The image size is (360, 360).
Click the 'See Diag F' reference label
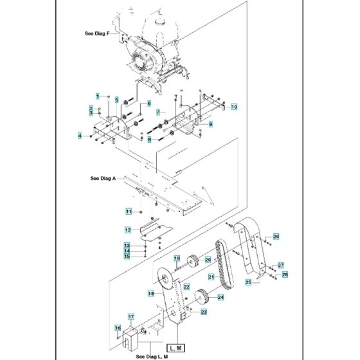tap(98, 33)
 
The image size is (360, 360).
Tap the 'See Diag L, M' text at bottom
tap(151, 355)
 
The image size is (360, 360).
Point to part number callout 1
tap(98, 96)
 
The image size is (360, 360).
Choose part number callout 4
tap(80, 136)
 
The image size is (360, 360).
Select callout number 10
tap(234, 106)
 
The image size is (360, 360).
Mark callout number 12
tap(128, 230)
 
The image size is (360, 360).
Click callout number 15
tap(127, 256)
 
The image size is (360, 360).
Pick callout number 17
tap(130, 316)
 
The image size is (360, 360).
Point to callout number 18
tap(151, 292)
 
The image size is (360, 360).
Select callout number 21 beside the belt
tap(210, 276)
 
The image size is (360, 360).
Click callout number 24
tap(221, 297)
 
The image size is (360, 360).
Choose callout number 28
tap(285, 274)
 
